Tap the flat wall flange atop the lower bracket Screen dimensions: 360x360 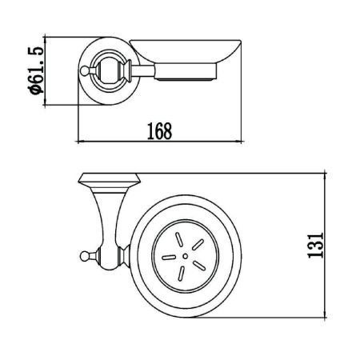(x=108, y=177)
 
